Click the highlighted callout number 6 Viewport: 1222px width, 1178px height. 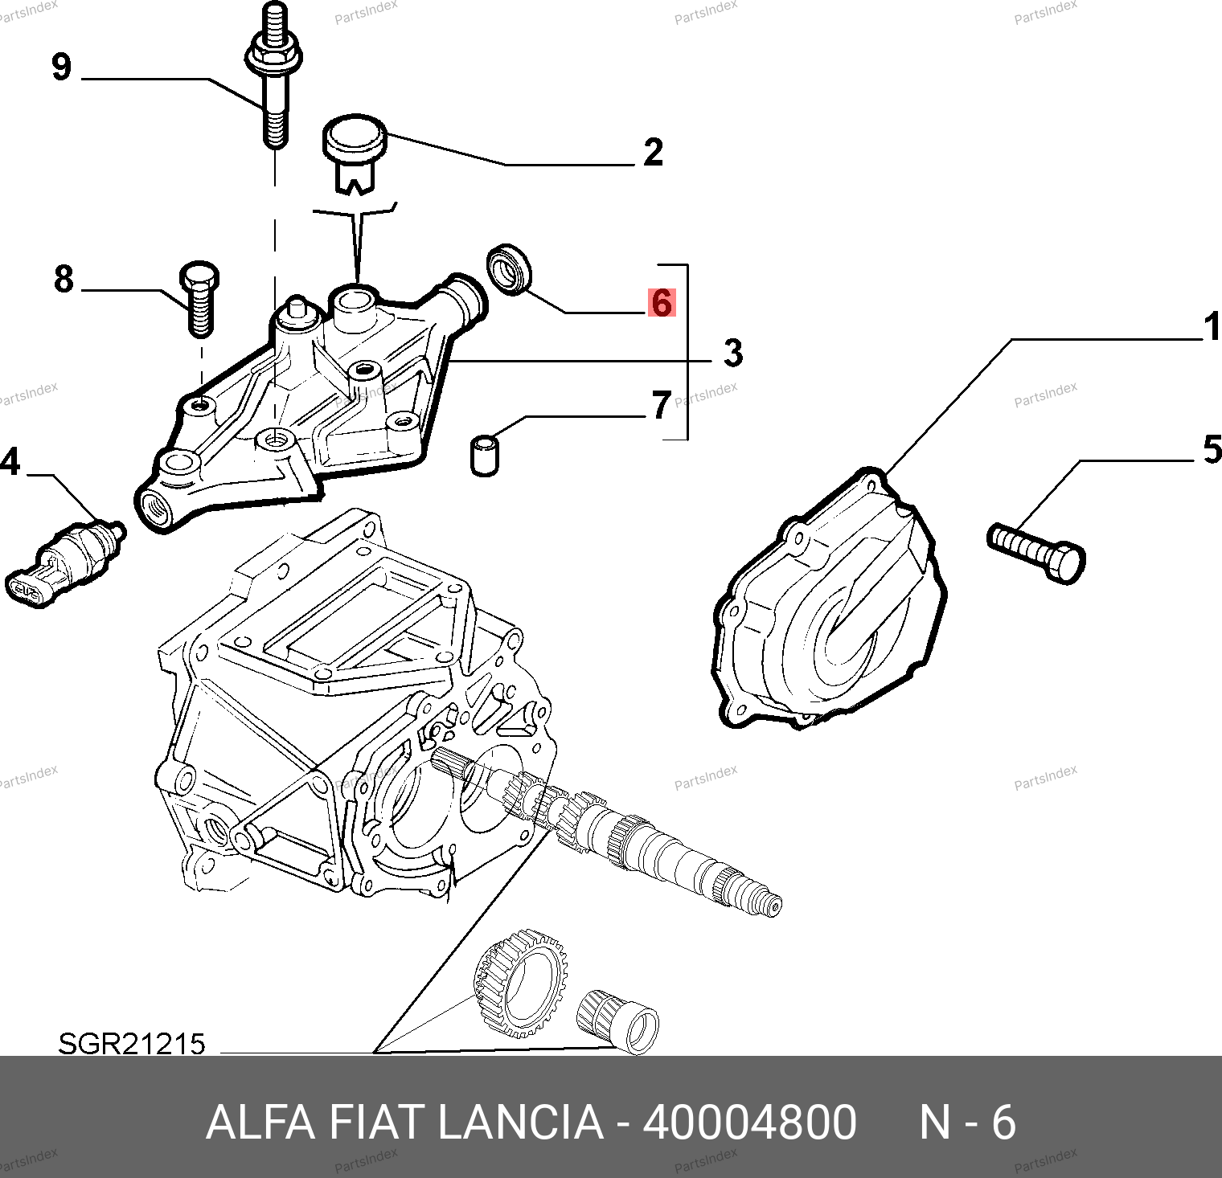pyautogui.click(x=662, y=303)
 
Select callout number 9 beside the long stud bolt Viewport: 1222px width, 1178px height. pyautogui.click(x=61, y=66)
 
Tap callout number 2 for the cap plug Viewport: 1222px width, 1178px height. pyautogui.click(x=653, y=152)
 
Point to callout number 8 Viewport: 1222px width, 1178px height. pyautogui.click(x=64, y=279)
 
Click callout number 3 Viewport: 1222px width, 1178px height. pyautogui.click(x=732, y=353)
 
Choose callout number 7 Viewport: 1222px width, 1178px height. pyautogui.click(x=661, y=405)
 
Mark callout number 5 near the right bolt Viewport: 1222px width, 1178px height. pyautogui.click(x=1212, y=450)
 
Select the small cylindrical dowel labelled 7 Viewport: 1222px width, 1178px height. pyautogui.click(x=483, y=455)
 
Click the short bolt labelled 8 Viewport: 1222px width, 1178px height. pyautogui.click(x=198, y=297)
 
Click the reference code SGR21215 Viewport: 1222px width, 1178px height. pyautogui.click(x=132, y=1044)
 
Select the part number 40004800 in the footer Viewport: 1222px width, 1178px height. pyautogui.click(x=749, y=1123)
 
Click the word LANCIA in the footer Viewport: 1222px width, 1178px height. pyautogui.click(x=520, y=1123)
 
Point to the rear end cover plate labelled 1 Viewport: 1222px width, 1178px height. pyautogui.click(x=828, y=603)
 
